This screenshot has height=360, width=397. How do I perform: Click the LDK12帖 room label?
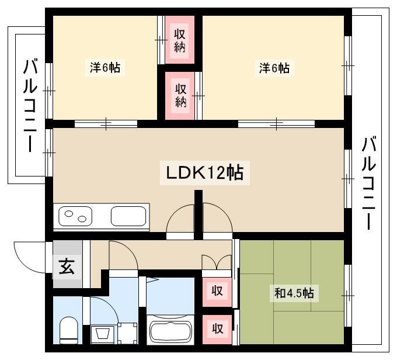(x=204, y=172)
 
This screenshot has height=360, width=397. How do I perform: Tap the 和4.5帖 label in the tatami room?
(x=294, y=293)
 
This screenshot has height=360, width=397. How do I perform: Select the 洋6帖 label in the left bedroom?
(x=105, y=67)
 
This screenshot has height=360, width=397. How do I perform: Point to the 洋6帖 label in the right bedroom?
(x=274, y=68)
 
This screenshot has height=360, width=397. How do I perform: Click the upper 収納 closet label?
(x=179, y=40)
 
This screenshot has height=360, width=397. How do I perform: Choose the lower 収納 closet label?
(x=180, y=95)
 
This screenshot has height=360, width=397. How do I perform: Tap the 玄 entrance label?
(x=67, y=266)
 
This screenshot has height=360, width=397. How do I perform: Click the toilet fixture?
(x=69, y=330)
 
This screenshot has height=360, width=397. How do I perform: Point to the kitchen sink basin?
(x=128, y=216)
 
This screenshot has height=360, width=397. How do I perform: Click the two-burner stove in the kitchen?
(x=75, y=216)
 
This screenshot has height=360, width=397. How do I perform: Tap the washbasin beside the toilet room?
(x=103, y=334)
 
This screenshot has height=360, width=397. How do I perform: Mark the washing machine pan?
(x=127, y=333)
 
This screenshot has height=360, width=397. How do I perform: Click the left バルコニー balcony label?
(x=30, y=105)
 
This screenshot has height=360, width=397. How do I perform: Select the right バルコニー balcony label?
(x=368, y=183)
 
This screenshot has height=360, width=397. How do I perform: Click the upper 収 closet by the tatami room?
(x=217, y=291)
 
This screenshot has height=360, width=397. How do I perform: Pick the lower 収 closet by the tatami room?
(x=217, y=329)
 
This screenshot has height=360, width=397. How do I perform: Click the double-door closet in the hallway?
(x=217, y=262)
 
